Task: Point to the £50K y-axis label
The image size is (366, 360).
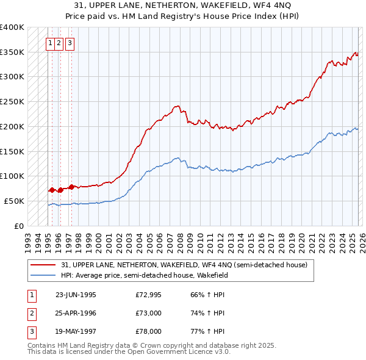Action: [14, 201]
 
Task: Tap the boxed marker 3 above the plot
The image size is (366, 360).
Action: [70, 43]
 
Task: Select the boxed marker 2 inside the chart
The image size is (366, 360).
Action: [59, 43]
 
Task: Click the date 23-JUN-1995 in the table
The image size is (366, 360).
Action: [76, 294]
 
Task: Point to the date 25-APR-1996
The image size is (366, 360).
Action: [76, 312]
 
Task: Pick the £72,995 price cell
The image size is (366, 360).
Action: [149, 294]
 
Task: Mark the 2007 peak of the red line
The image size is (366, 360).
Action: [177, 107]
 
